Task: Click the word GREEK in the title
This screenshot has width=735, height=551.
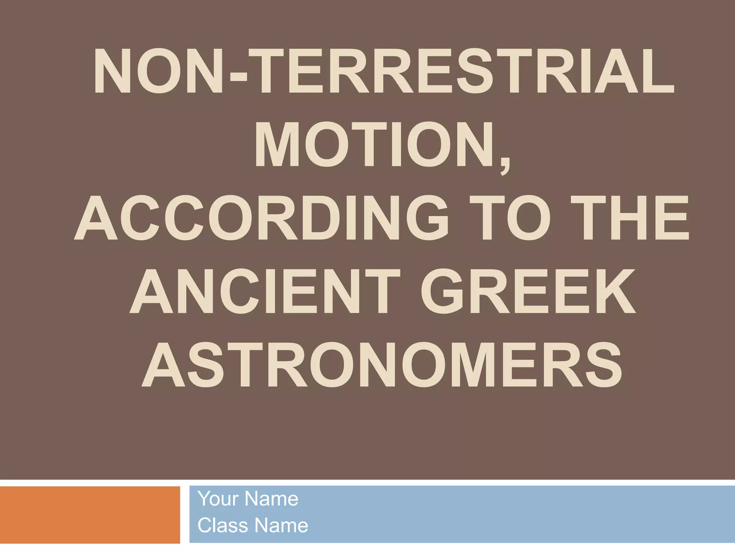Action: [528, 292]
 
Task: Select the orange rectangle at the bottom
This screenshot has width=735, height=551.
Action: [90, 514]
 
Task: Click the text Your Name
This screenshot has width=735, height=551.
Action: [248, 499]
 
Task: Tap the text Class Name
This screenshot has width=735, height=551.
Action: [253, 526]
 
